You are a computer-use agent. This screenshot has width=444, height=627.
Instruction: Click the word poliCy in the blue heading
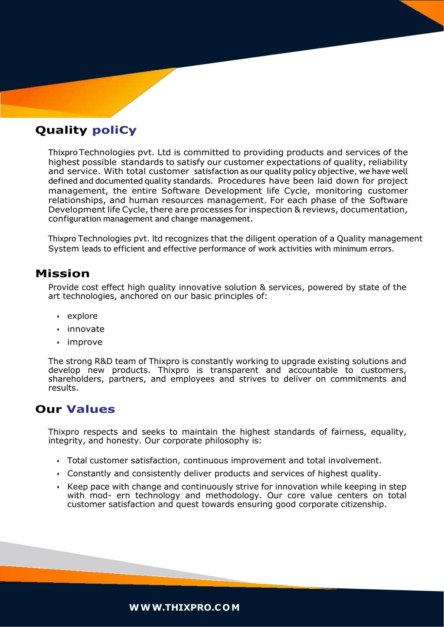(x=114, y=130)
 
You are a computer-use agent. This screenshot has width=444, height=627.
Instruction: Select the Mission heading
(x=62, y=274)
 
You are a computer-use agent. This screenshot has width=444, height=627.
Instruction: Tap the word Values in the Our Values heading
(x=91, y=409)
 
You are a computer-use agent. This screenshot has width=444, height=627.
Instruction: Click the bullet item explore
(x=82, y=316)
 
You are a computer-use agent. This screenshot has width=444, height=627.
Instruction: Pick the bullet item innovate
(x=86, y=329)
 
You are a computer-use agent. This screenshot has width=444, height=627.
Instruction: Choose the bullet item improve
(x=85, y=342)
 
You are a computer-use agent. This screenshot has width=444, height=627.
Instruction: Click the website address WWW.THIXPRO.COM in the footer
(x=184, y=608)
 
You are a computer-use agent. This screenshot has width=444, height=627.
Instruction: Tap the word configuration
(x=75, y=219)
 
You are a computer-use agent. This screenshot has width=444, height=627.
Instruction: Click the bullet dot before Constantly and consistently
(x=58, y=474)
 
